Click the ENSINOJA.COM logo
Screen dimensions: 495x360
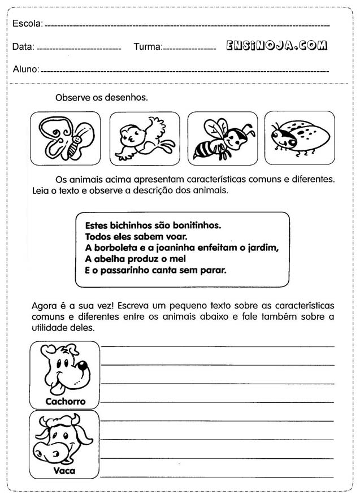tap(276, 46)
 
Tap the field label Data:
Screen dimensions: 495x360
tap(23, 47)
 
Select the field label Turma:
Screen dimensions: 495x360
tap(148, 47)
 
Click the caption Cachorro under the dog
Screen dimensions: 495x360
tap(66, 402)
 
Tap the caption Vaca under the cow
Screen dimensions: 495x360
tap(64, 470)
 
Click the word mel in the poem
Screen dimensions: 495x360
tap(177, 259)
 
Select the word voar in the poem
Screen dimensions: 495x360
tap(175, 236)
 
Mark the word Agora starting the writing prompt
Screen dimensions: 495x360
tap(44, 305)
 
